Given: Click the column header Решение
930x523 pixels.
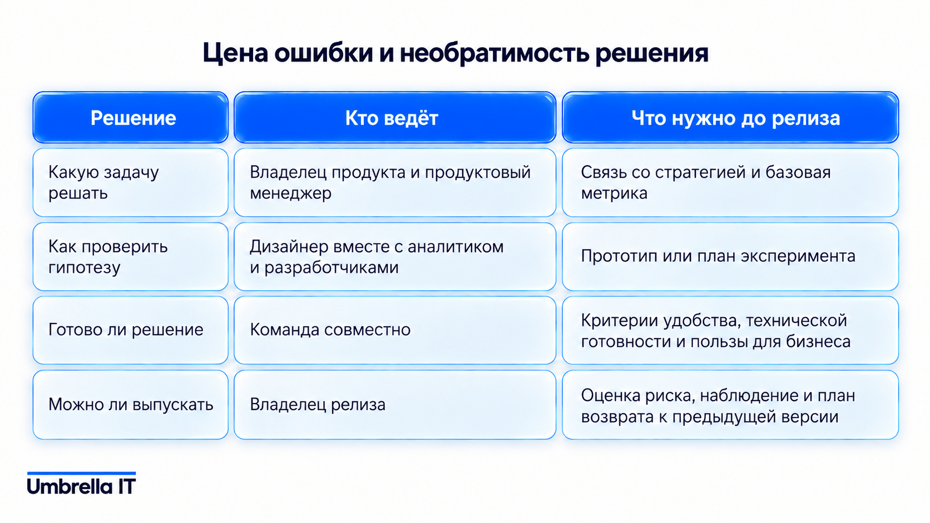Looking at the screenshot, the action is [130, 117].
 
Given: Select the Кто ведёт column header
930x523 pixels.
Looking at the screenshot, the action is [395, 117].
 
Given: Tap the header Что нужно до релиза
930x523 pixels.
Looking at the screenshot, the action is [730, 117].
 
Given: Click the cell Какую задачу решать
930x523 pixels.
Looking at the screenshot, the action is [130, 182].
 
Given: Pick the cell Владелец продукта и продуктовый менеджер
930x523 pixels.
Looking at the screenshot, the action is [395, 182].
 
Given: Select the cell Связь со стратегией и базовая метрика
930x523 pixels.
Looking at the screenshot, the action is [730, 182].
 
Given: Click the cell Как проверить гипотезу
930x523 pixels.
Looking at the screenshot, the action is [130, 257].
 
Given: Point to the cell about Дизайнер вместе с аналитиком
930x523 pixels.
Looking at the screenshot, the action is [395, 257].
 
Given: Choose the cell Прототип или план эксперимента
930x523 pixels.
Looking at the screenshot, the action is [730, 257].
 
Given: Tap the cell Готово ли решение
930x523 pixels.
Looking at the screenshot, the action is [130, 330].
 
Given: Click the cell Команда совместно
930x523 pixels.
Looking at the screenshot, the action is [395, 330].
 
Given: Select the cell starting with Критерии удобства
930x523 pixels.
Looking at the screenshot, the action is [730, 330].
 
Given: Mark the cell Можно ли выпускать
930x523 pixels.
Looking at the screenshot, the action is [130, 405].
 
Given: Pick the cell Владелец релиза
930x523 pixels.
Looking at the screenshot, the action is [395, 405].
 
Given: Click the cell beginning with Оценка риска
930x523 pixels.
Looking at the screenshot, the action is [730, 405].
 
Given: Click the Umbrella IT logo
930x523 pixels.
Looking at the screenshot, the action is [81, 484].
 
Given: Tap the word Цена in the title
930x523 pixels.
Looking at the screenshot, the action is [235, 53].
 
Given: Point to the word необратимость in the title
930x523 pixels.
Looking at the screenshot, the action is [494, 53].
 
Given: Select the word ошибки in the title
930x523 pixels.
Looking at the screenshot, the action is [323, 53].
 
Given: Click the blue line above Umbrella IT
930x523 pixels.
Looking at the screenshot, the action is [81, 473].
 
